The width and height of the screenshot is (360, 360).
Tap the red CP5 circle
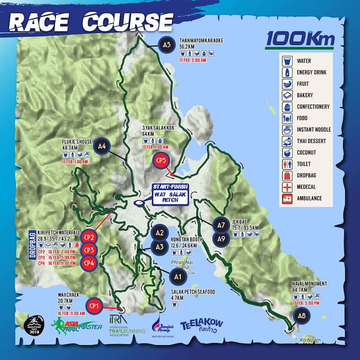[x=160, y=160]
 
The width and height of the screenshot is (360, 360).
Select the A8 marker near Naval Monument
[x=301, y=316]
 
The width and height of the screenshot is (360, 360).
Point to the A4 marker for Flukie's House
[x=102, y=146]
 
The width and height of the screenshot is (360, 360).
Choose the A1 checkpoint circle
[x=177, y=276]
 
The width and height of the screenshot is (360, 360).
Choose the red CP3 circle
[x=89, y=250]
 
